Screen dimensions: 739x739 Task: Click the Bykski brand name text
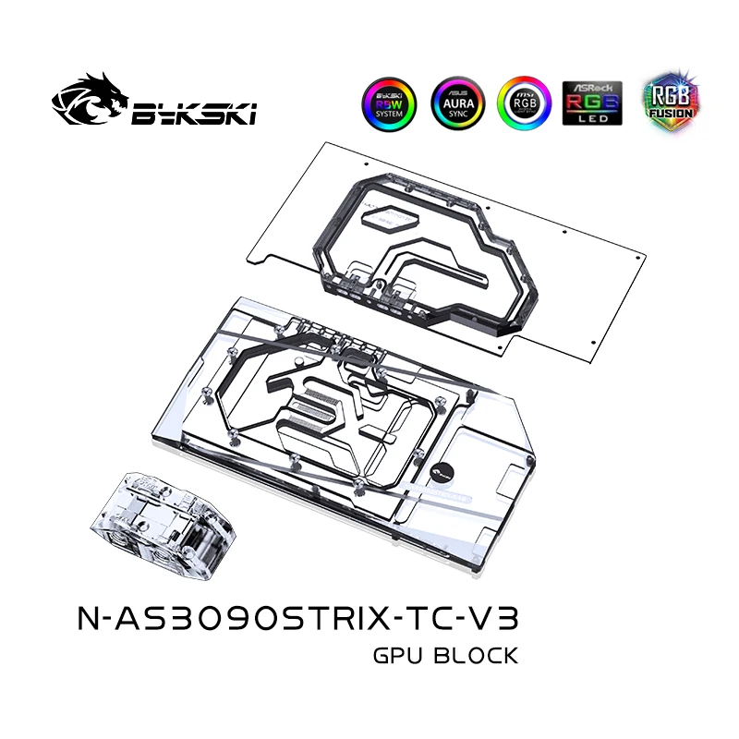[195, 113]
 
